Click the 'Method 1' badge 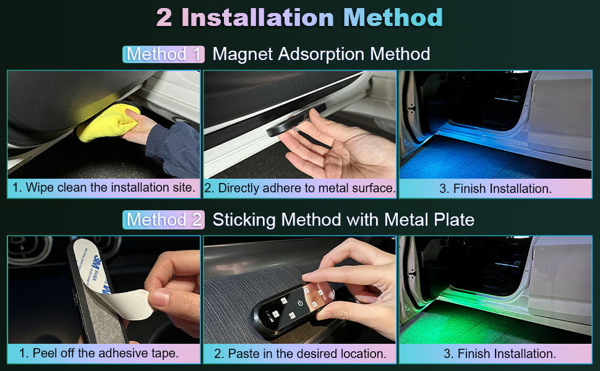pos(163,54)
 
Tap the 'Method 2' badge pos(163,220)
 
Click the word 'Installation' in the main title pos(258,17)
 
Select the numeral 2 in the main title pos(164,18)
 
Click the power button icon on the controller pos(300,303)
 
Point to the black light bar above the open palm pos(296,120)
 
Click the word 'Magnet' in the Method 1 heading pos(242,54)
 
